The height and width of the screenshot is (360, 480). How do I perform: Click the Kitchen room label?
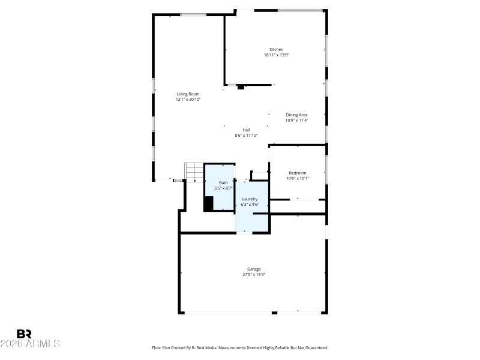[276, 49]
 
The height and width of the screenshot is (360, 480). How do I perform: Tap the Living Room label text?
[188, 94]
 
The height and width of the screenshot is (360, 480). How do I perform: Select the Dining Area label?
[296, 115]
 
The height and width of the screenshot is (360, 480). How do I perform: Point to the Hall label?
[246, 130]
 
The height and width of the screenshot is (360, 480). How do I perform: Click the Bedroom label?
[297, 173]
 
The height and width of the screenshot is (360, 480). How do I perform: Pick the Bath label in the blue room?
[223, 182]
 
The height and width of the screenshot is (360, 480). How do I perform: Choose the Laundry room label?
[250, 199]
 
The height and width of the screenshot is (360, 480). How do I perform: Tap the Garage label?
[254, 269]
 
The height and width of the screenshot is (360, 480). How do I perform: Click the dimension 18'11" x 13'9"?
[276, 55]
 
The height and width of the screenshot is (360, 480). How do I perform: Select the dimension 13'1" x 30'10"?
[188, 100]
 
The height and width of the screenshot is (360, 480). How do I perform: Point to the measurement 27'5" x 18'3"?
[254, 275]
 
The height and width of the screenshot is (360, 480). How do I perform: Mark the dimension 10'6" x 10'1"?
[297, 178]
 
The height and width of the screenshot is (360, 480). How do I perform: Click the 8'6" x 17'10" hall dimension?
[246, 136]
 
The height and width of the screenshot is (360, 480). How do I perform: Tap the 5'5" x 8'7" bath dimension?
[223, 188]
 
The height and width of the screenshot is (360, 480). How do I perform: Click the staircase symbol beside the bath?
[194, 172]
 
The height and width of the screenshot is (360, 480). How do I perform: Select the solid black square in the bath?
[209, 203]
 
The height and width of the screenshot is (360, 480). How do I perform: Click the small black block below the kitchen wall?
[241, 87]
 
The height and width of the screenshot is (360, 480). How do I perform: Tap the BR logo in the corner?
[24, 334]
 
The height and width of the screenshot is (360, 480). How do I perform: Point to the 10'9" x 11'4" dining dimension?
[296, 121]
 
